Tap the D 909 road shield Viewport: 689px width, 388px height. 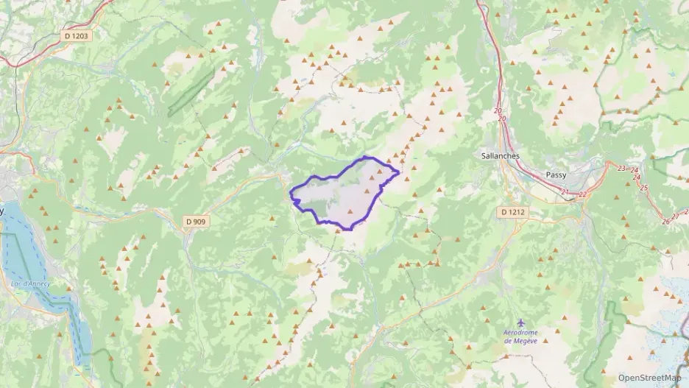(x=195, y=221)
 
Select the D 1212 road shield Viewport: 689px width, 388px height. (x=513, y=212)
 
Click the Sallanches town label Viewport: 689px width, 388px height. (x=500, y=156)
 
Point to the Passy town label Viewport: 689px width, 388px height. (x=556, y=175)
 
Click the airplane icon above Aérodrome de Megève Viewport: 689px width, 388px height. (x=522, y=323)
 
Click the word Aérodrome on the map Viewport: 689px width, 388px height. (x=521, y=333)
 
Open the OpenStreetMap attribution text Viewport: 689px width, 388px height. (x=650, y=377)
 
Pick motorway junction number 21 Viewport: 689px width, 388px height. (x=565, y=192)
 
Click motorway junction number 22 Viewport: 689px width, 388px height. (x=582, y=194)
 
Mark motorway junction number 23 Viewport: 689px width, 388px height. (x=621, y=169)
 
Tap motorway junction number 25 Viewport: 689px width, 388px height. (x=644, y=188)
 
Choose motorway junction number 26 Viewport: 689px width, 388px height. (x=665, y=221)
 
